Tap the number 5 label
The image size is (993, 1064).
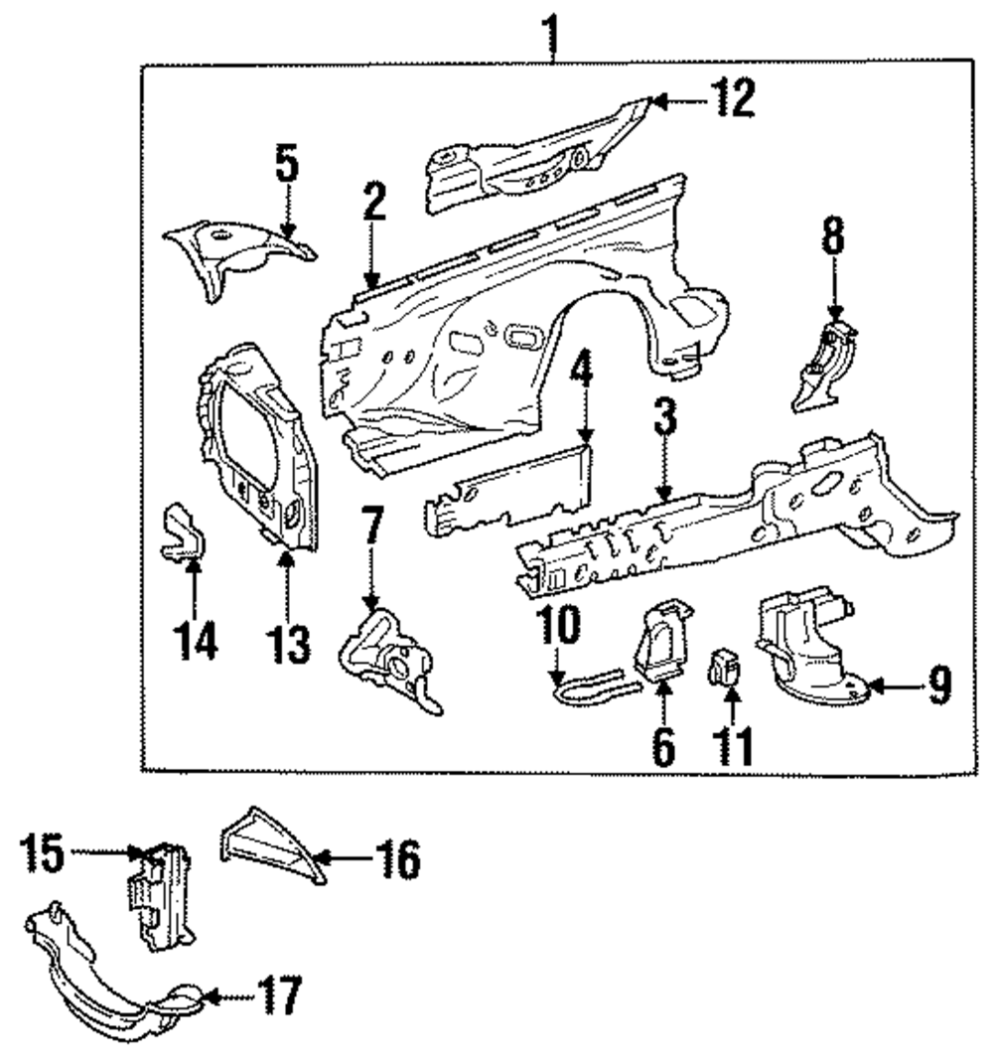click(286, 165)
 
